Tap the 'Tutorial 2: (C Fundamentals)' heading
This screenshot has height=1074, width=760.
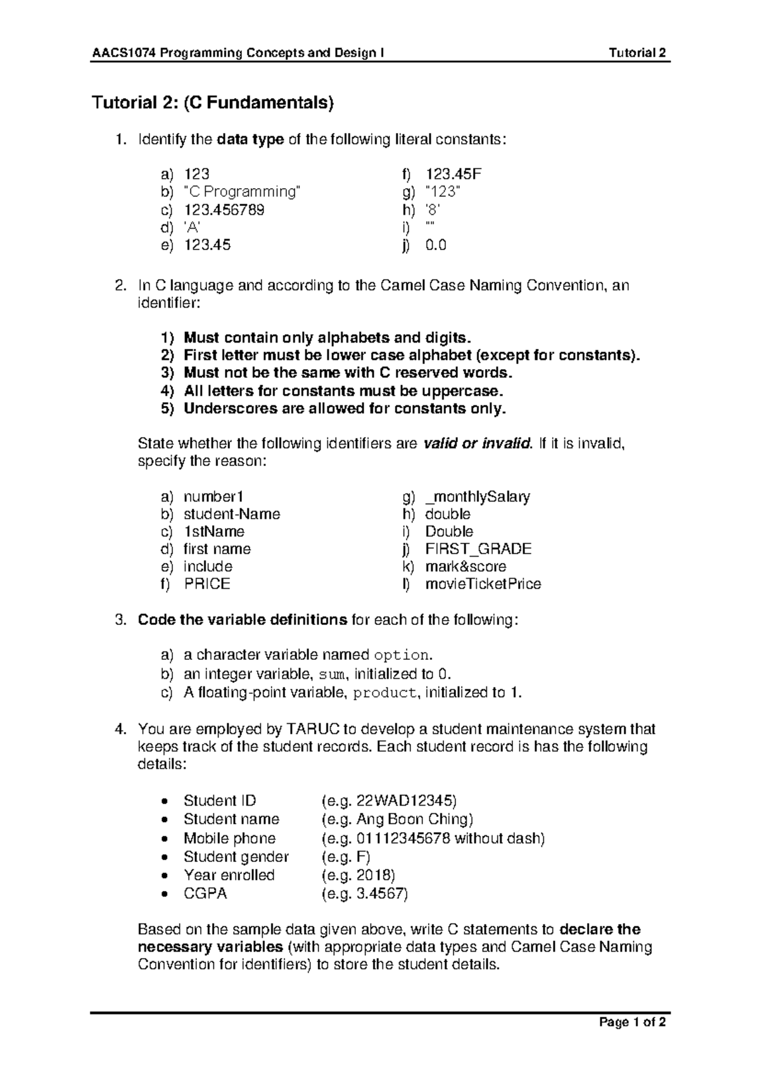213,103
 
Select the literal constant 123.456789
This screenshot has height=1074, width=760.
224,210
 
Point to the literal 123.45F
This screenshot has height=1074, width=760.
453,174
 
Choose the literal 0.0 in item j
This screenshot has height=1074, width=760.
436,245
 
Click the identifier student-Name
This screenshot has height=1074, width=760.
232,514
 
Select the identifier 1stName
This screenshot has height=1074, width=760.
214,532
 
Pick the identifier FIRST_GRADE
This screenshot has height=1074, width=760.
478,549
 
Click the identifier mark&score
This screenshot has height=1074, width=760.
465,567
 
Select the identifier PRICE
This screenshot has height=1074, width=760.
207,584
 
